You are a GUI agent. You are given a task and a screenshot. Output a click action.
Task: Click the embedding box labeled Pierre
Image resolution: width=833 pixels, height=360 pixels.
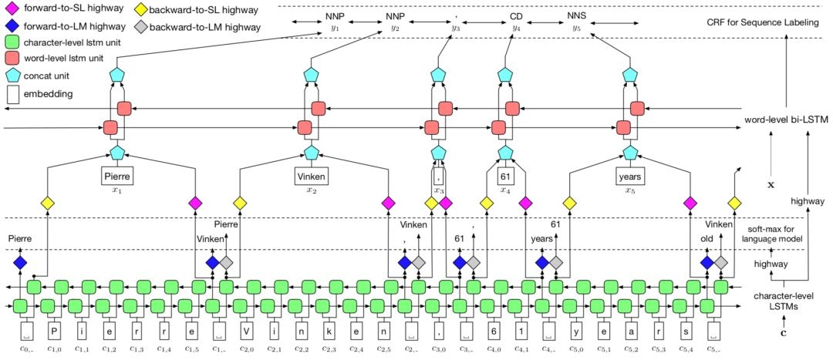[118, 177]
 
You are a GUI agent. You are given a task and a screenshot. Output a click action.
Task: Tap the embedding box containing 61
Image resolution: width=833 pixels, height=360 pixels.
[505, 177]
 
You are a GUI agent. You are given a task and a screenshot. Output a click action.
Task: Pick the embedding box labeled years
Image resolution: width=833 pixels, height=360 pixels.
[629, 177]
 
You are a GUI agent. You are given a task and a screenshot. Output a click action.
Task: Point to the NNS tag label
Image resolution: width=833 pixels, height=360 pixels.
[576, 15]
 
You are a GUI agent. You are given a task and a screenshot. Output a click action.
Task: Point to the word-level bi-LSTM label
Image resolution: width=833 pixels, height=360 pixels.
[785, 120]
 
